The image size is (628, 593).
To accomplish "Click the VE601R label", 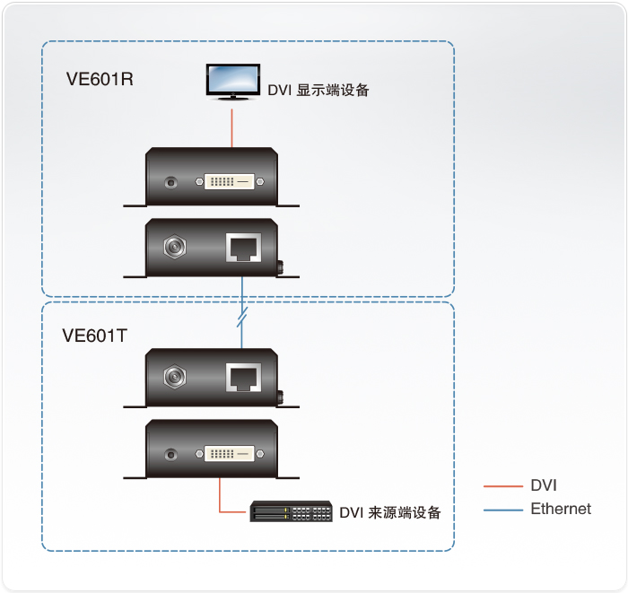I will coord(100,78).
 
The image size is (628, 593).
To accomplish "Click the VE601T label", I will coord(94,336).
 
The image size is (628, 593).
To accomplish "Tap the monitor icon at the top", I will coord(232,82).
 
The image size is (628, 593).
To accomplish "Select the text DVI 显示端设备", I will coord(318,90).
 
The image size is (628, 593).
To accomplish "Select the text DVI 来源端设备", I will coord(390,513).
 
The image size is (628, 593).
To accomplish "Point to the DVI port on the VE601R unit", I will coord(232,182).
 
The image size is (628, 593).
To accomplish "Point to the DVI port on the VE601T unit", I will coord(232,452).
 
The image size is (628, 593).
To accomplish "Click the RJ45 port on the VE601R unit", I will coord(243,246).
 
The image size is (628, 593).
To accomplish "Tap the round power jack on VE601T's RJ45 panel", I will coord(171,376).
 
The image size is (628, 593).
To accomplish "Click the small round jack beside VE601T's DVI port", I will coord(171,453).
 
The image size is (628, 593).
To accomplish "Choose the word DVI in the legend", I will coord(544,486).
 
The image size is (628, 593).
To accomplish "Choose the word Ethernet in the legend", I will coord(561,509).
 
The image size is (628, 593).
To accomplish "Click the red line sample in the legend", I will coord(502,486).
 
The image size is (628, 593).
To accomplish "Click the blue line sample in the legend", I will coord(502,510).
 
